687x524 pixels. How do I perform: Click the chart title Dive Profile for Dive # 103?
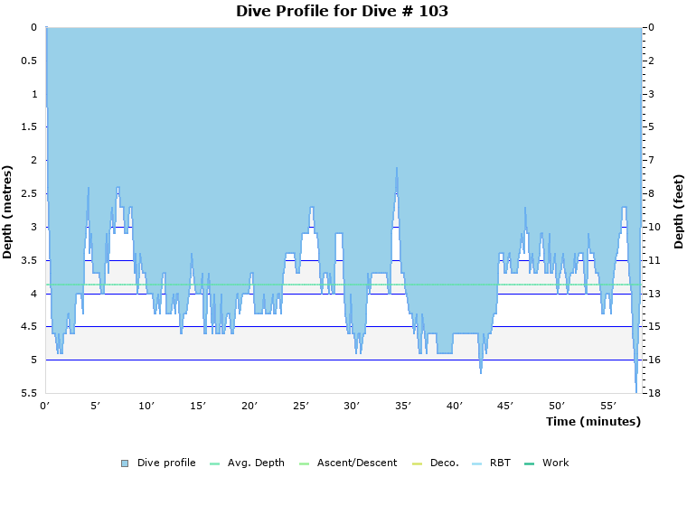(342, 12)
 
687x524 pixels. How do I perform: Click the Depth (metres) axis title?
(8, 211)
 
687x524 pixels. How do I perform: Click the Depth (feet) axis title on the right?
(678, 211)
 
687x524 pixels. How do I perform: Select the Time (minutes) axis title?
(592, 422)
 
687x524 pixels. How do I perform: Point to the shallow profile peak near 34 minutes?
(396, 169)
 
